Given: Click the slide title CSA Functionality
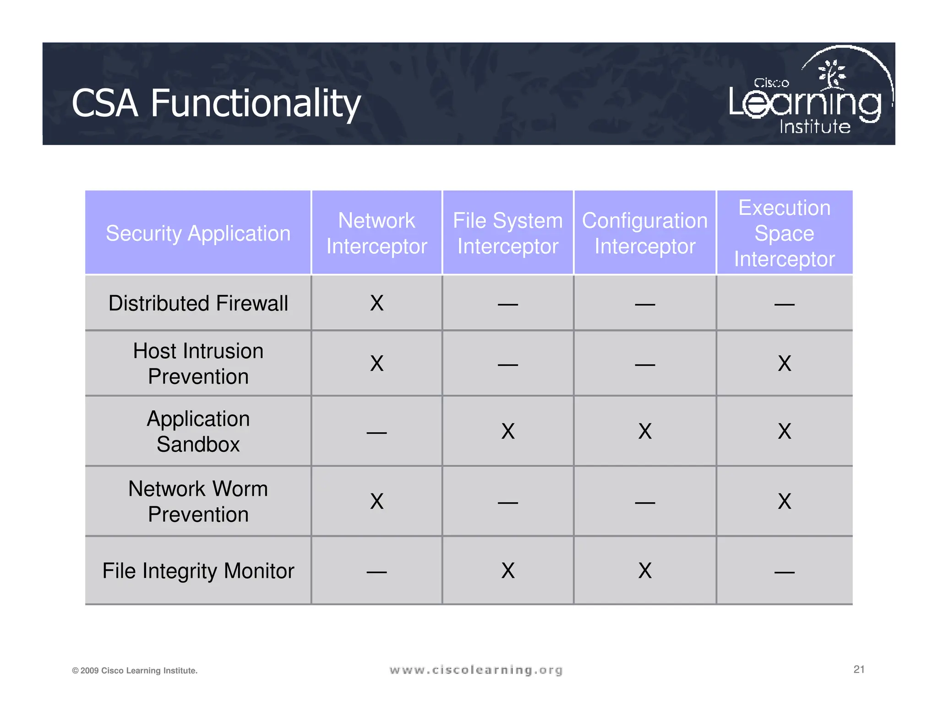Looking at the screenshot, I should point(216,104).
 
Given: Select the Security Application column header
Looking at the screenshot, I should point(198,233).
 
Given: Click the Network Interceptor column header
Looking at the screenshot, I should point(376,233).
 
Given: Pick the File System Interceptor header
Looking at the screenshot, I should point(507,233).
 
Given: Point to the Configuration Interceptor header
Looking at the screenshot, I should point(644,233).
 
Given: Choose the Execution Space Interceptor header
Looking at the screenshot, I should point(784,233).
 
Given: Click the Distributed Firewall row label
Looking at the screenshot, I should point(198,303).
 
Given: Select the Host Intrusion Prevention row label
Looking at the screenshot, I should point(198,363).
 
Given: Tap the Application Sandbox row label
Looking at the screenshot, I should point(198,431).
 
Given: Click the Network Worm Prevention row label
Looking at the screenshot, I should point(198,501).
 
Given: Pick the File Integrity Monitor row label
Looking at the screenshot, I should point(198,571).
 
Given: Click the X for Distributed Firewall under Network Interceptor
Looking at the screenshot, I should point(376,303).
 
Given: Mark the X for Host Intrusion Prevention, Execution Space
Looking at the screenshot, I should point(784,363).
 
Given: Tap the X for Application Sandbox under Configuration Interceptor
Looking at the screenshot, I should point(644,431).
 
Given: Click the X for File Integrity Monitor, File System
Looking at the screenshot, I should point(507,571).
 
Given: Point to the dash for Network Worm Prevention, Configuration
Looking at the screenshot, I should point(644,503).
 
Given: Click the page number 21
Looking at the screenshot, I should point(859,669).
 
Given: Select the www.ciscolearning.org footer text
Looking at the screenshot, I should point(476,670).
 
